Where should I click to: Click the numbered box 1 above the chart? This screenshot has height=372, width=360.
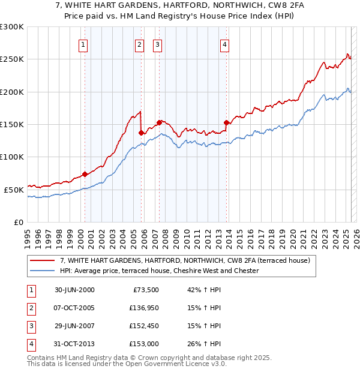click(82, 44)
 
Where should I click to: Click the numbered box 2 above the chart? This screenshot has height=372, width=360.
click(139, 44)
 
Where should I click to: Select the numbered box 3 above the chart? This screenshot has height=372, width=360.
click(157, 44)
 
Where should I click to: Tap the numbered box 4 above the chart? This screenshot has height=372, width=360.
click(224, 44)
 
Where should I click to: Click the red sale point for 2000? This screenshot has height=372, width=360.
click(85, 174)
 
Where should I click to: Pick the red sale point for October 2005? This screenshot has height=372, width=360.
click(141, 133)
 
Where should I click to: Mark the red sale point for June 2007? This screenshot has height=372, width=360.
click(159, 122)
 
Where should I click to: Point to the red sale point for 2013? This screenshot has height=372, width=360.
click(226, 122)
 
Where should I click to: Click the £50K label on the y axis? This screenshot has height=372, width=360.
click(14, 190)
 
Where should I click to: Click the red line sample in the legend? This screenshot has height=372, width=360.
click(43, 261)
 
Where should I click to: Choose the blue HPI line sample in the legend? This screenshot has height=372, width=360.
click(43, 271)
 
